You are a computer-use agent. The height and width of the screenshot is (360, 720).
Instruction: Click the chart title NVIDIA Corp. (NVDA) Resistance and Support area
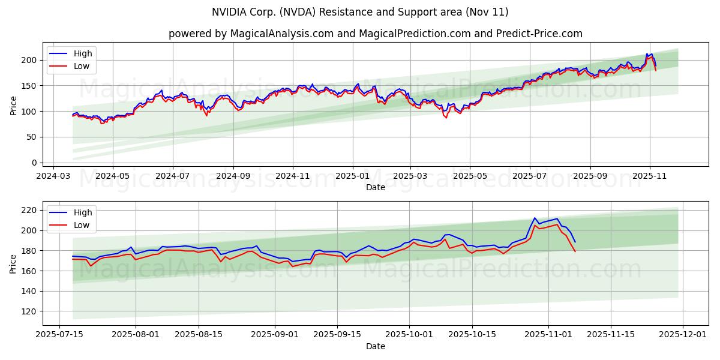click(360, 12)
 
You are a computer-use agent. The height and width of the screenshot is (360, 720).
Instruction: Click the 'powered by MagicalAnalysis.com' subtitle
click(375, 34)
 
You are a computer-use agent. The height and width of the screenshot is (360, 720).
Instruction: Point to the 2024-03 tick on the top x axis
click(54, 177)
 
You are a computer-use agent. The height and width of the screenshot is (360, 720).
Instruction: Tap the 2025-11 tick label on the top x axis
click(650, 177)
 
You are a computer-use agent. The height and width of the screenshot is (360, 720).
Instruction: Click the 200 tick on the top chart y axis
click(29, 60)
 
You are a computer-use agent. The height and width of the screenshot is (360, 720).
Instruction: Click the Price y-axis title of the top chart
click(13, 104)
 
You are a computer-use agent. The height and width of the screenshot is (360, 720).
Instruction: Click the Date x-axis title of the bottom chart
click(375, 346)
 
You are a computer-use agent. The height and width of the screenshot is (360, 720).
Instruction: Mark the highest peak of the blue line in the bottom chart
click(535, 218)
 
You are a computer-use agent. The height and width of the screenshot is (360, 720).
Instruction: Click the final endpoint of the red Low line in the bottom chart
click(575, 251)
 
